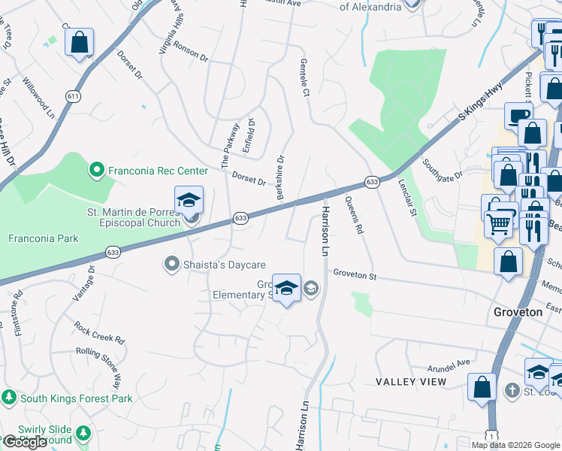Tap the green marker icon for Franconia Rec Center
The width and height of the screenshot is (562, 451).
[x=96, y=171]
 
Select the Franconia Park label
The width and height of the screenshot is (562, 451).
[x=43, y=239]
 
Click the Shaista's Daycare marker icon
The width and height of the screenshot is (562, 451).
[x=171, y=264]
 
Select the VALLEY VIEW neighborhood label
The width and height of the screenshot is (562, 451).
[x=410, y=382]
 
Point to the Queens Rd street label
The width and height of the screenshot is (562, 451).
[x=354, y=216]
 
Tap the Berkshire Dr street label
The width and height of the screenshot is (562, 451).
[x=280, y=177]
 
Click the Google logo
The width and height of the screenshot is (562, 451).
[x=25, y=442]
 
